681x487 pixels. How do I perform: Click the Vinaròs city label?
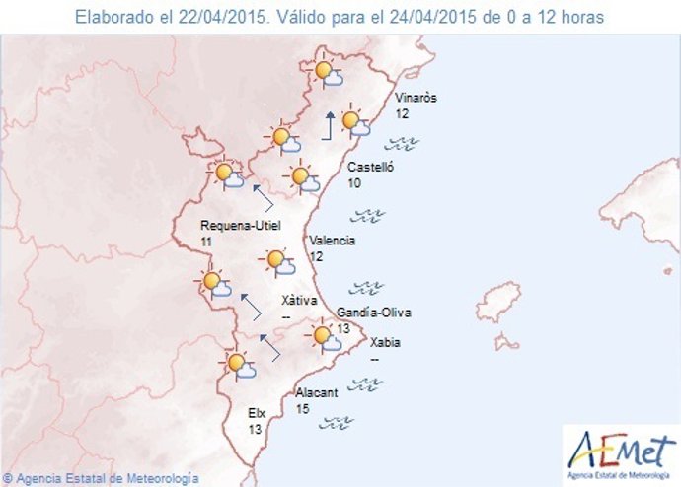point(415,99)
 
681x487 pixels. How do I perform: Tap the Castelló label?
point(371,168)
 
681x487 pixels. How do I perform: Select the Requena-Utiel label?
point(240,225)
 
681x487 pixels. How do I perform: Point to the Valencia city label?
point(333,241)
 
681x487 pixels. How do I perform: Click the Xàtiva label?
point(298,300)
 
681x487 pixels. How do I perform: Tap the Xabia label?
point(385,343)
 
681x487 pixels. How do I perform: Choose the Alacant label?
point(317,392)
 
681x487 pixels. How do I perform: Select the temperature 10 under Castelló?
point(353,183)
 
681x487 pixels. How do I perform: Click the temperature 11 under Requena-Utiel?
point(205,241)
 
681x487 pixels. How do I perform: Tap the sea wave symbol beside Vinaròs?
point(425,143)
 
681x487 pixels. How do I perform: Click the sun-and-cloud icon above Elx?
point(239,365)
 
